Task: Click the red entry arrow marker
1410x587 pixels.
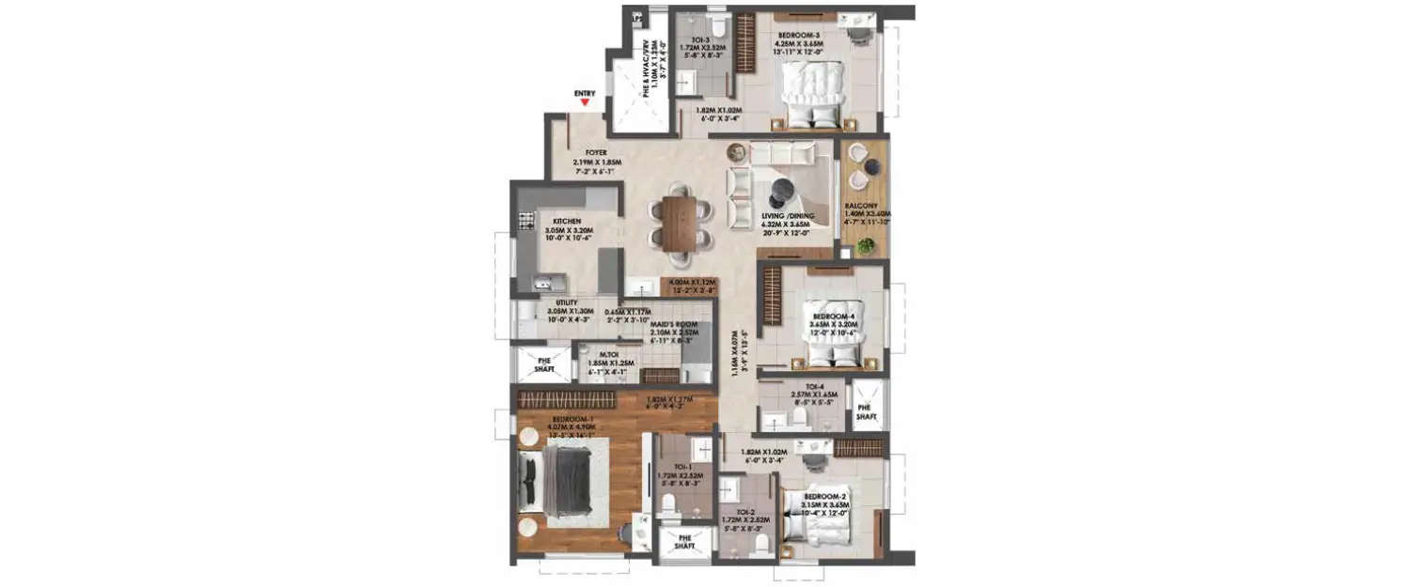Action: [x=585, y=101]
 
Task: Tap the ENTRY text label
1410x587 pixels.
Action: [x=585, y=92]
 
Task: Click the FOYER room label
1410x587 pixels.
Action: [x=595, y=151]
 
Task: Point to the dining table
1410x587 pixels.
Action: [x=679, y=224]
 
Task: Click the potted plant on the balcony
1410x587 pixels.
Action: [x=865, y=246]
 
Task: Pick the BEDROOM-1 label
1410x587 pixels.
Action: [x=545, y=418]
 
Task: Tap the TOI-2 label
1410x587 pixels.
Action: [x=746, y=510]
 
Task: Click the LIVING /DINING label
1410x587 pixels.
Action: [x=788, y=217]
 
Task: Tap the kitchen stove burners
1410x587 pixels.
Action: [x=525, y=223]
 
